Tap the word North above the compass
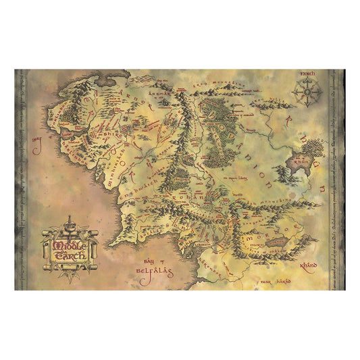tap(307, 72)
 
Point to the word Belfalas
tap(149, 266)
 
